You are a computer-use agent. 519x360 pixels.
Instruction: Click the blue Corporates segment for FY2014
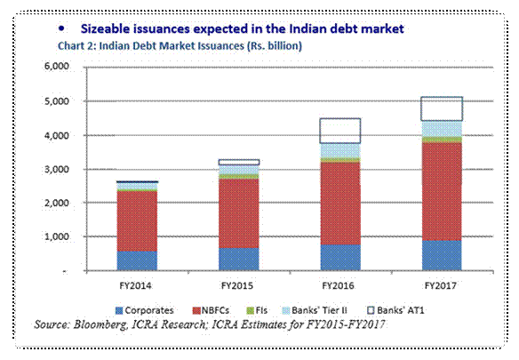click(x=137, y=260)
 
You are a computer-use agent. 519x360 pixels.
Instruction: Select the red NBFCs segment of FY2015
click(x=239, y=213)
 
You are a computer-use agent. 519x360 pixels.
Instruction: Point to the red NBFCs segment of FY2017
click(x=442, y=191)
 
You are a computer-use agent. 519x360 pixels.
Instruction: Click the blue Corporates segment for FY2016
click(x=340, y=258)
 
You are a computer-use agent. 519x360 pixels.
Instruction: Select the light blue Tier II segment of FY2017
click(x=442, y=129)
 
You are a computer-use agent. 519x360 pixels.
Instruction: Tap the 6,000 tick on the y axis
click(x=56, y=67)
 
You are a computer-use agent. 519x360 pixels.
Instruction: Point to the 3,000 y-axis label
click(x=56, y=169)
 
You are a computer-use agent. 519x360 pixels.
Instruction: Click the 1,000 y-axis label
click(x=56, y=236)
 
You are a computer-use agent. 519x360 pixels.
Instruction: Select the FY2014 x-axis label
click(x=135, y=285)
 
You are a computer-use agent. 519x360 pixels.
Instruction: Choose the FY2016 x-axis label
click(x=338, y=285)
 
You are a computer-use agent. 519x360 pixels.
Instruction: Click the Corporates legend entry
click(x=144, y=310)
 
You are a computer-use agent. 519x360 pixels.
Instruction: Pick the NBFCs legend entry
click(x=211, y=310)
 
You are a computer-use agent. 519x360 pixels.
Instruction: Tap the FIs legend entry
click(x=257, y=310)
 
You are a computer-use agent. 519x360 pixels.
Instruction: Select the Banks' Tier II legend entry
click(x=315, y=310)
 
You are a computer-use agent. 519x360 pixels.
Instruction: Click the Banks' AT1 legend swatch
click(x=371, y=310)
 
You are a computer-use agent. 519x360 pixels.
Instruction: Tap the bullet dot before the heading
click(x=61, y=28)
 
